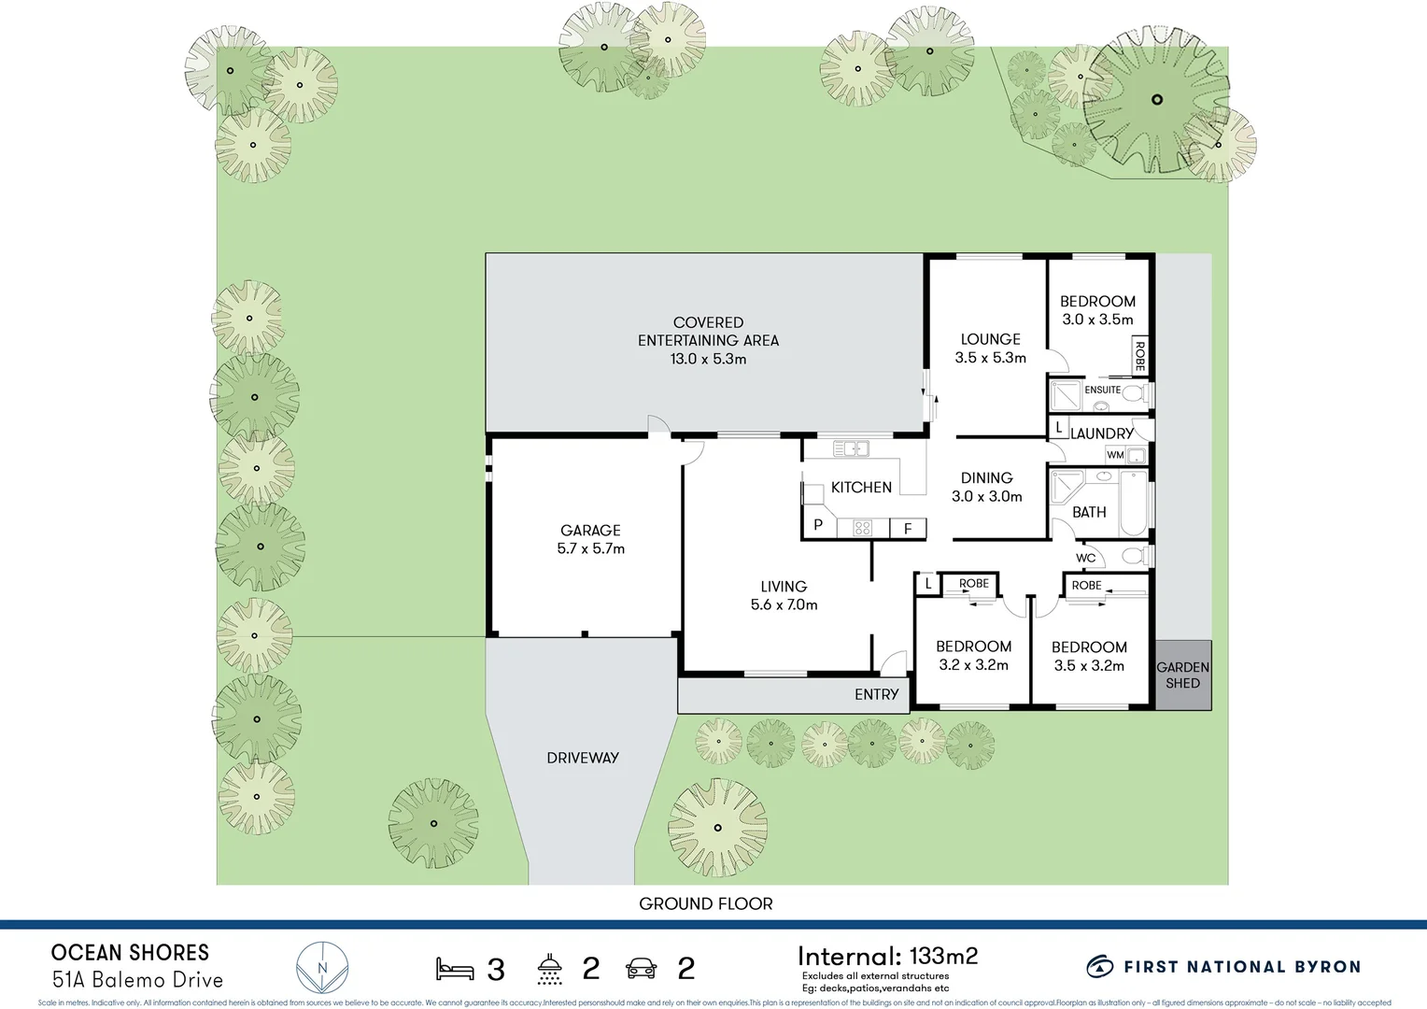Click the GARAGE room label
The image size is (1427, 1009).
click(590, 530)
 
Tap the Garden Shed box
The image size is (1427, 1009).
click(1182, 675)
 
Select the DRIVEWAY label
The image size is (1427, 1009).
click(583, 758)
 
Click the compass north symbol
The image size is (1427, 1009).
click(322, 968)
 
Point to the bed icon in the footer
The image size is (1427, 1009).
click(455, 969)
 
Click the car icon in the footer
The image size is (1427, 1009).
click(641, 969)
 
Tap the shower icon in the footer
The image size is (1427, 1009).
click(550, 969)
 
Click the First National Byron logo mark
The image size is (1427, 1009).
click(1099, 967)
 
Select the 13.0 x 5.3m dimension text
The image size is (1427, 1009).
click(708, 359)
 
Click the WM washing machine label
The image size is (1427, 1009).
click(1115, 455)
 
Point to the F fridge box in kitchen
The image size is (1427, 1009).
click(908, 528)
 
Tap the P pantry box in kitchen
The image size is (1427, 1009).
click(818, 525)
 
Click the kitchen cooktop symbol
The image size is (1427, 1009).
click(862, 528)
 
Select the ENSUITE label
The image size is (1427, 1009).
click(1102, 390)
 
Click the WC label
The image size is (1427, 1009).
click(1085, 558)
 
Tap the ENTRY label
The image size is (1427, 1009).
click(876, 694)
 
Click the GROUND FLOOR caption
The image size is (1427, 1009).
click(705, 903)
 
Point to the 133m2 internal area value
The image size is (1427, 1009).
click(943, 956)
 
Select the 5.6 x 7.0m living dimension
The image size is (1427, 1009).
click(784, 604)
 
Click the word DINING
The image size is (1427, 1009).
click(986, 477)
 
